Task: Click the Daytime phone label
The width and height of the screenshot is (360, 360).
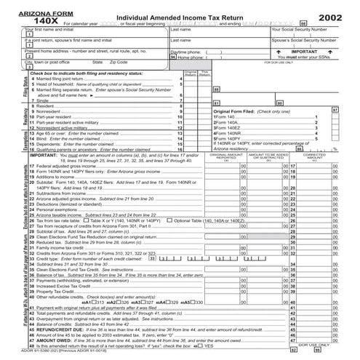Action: click(187, 53)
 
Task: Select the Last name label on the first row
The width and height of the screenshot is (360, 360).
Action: click(181, 30)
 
